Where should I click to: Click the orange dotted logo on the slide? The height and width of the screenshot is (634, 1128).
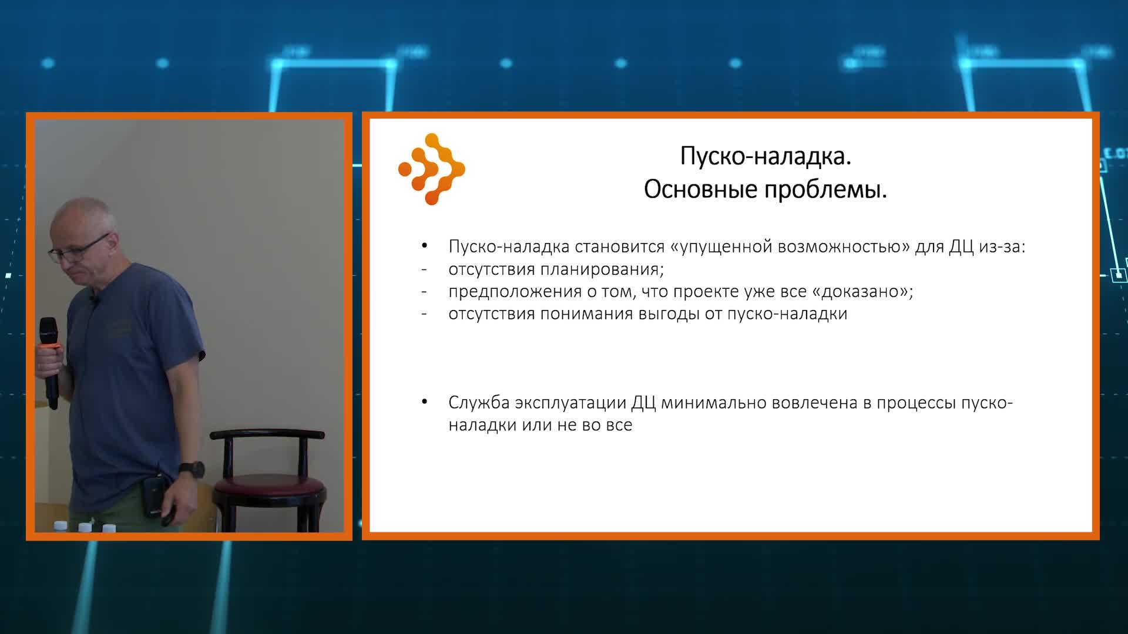coord(432,169)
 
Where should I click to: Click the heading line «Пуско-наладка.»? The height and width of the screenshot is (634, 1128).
coord(766,157)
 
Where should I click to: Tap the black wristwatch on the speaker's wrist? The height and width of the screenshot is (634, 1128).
coord(192,469)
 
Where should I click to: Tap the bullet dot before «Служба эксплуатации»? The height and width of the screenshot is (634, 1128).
coord(424,403)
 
